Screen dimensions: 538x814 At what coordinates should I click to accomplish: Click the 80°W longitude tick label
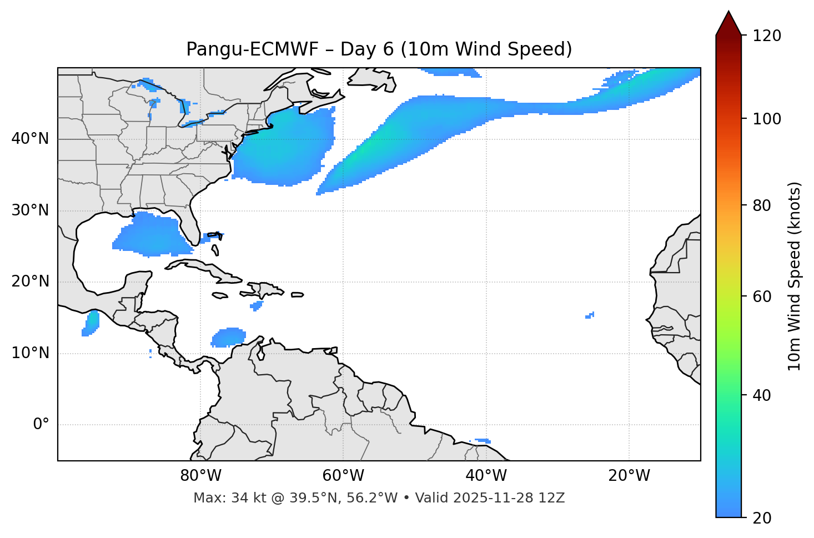200,476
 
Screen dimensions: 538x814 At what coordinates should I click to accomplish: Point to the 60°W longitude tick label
343,476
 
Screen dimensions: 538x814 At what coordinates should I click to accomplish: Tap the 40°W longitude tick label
486,476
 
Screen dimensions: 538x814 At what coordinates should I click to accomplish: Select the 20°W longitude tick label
629,476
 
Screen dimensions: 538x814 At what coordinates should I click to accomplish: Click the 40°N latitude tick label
30,139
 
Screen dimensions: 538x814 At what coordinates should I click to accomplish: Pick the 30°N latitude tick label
30,210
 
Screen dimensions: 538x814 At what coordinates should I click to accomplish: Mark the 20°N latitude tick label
30,281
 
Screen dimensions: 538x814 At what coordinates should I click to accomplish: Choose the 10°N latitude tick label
30,353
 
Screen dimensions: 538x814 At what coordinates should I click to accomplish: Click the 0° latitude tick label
41,425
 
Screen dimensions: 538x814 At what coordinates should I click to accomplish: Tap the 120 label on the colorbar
766,36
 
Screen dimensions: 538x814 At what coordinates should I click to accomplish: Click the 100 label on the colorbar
766,119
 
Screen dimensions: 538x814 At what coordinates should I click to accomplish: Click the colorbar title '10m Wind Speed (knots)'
795,276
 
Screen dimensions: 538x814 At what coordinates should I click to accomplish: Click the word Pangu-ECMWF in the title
252,49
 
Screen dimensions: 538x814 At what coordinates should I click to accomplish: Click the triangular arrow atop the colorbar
728,23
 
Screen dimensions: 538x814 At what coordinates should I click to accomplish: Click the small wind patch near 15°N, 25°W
590,315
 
